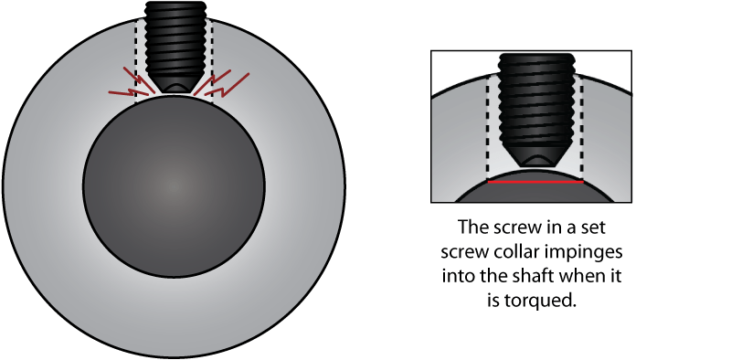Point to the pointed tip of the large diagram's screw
[x=174, y=90]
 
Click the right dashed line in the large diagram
[x=212, y=59]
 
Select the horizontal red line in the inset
[x=535, y=182]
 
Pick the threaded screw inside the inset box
[x=535, y=101]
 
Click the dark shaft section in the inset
[x=535, y=191]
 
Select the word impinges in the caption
[x=579, y=249]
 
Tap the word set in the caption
[x=584, y=226]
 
